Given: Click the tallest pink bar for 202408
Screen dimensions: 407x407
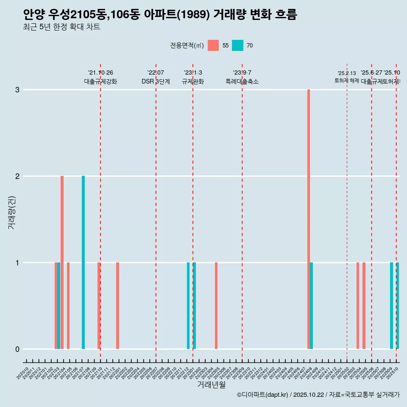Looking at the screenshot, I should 309,219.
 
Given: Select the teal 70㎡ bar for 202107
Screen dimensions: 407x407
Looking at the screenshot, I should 83,262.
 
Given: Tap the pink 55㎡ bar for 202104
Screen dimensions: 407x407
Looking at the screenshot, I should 62,262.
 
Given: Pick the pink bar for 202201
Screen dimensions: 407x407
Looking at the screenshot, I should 117,305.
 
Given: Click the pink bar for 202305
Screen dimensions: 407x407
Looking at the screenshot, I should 216,305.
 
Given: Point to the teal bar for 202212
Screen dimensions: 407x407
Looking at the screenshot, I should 188,305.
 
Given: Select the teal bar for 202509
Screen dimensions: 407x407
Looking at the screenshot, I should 391,305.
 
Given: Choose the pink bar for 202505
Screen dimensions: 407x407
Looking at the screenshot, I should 364,305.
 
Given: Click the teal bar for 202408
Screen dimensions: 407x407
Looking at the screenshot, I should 312,305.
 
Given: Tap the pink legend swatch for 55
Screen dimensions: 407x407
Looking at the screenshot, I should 213,45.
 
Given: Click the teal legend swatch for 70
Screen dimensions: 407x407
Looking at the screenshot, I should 238,45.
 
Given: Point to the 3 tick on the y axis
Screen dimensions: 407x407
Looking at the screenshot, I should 17,89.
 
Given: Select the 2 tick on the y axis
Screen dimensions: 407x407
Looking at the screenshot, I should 17,176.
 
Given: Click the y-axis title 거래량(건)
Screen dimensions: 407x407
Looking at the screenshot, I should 11,212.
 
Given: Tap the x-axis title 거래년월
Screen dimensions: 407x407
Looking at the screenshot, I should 211,385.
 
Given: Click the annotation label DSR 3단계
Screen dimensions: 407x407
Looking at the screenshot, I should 156,81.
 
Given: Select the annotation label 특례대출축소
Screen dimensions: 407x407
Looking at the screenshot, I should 242,81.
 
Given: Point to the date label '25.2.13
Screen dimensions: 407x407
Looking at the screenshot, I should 347,73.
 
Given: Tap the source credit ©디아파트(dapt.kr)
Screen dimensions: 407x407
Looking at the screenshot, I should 263,395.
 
